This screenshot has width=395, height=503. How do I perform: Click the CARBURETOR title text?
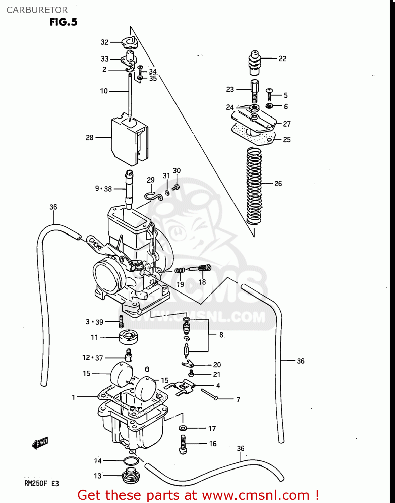click(37, 10)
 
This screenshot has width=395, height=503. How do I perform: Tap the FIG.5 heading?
click(63, 22)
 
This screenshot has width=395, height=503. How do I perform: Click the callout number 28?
click(89, 137)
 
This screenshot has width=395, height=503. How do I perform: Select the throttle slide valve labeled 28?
click(129, 141)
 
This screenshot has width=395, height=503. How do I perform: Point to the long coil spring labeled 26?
click(254, 186)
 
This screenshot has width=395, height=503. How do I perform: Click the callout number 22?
click(282, 59)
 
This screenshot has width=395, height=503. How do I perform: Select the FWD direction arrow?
click(40, 443)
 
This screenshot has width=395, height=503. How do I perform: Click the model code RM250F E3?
click(42, 483)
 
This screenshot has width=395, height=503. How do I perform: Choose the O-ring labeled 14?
click(131, 461)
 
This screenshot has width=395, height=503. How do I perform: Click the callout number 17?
click(212, 429)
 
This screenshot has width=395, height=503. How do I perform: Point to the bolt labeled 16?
click(183, 444)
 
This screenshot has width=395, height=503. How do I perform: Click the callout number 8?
click(221, 335)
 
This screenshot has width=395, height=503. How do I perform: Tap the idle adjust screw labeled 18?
click(199, 268)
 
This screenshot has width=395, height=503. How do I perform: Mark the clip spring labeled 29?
click(153, 197)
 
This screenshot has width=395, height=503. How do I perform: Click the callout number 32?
click(105, 42)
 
